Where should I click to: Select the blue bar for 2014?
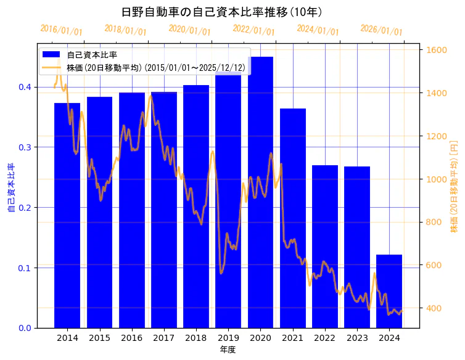67,216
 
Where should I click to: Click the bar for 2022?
325,247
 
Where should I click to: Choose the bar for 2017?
164,210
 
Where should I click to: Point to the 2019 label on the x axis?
228,338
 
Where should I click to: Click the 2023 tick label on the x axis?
357,338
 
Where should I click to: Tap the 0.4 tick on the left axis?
24,87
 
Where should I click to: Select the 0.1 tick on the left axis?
24,268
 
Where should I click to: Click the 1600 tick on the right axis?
437,50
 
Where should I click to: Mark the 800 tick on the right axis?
434,223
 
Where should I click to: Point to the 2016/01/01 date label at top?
61,30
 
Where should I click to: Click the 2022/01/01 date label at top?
253,30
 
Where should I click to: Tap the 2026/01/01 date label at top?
381,30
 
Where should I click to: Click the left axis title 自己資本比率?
10,187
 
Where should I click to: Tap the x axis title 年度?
228,350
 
